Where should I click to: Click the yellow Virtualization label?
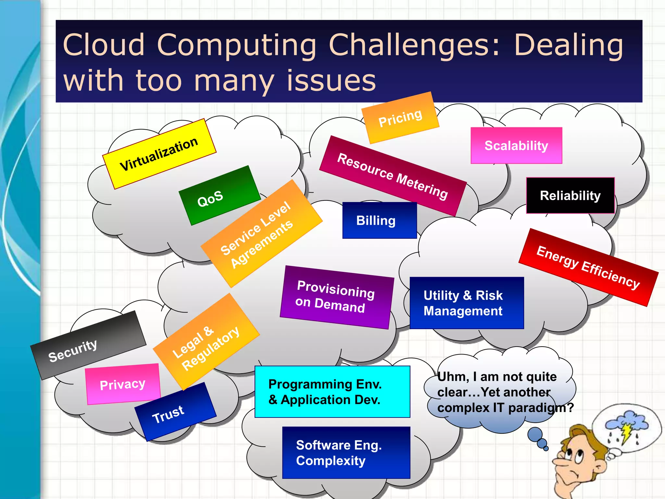[x=159, y=154]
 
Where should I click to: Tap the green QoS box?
[x=220, y=196]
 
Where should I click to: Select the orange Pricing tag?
[x=400, y=118]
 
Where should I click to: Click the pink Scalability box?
[x=516, y=146]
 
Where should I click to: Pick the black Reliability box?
[x=570, y=196]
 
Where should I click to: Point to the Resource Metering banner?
[x=393, y=176]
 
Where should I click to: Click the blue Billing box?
[x=379, y=221]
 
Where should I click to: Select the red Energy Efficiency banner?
[x=588, y=267]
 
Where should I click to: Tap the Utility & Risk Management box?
[x=467, y=303]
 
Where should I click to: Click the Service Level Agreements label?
[x=261, y=233]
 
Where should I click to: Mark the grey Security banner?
[x=88, y=345]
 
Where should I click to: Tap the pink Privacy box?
[x=123, y=384]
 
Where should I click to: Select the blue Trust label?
[x=175, y=412]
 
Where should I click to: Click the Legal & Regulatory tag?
[x=206, y=342]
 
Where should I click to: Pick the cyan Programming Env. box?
[x=332, y=391]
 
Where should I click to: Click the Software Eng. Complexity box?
[x=346, y=453]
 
